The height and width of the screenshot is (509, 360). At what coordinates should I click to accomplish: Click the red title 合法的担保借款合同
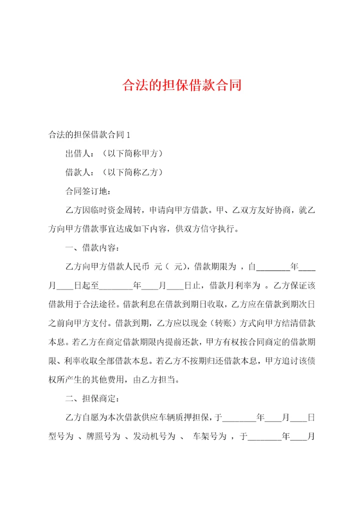182,85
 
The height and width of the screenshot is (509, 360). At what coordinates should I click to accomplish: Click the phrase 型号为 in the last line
61,436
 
